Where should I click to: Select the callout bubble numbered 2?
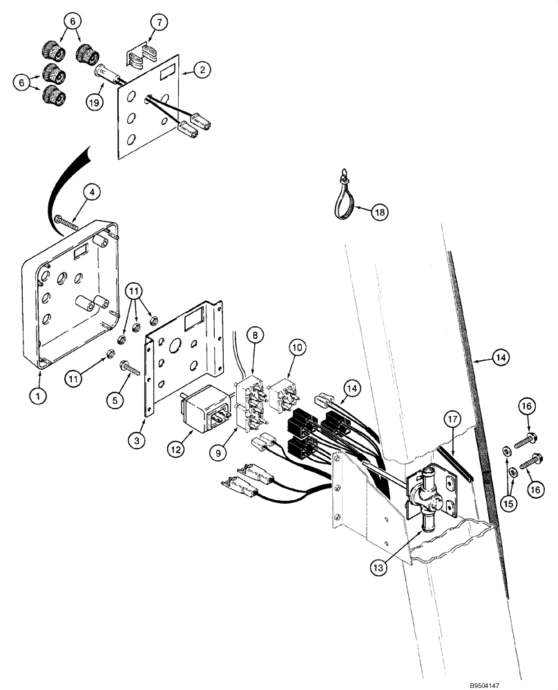coord(202,69)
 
